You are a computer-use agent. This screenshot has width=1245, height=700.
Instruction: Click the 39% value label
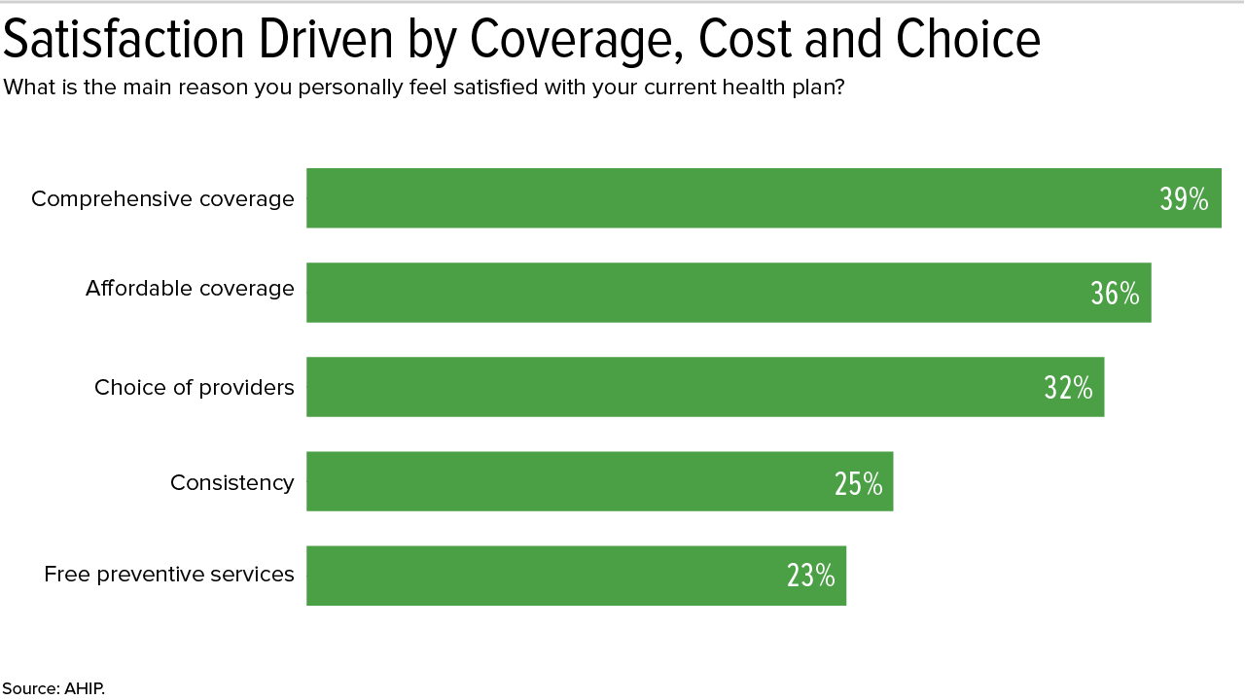click(1184, 199)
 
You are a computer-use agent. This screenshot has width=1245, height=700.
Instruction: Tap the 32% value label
click(1068, 388)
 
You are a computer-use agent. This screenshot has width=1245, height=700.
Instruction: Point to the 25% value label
click(858, 483)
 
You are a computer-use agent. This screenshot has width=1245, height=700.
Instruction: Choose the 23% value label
click(811, 577)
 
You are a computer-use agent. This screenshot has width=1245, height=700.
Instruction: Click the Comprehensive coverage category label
click(162, 198)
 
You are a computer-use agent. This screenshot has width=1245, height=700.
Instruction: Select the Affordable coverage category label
click(190, 289)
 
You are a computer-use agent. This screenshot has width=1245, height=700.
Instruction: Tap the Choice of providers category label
click(195, 388)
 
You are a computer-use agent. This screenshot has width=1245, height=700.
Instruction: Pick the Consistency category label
click(231, 482)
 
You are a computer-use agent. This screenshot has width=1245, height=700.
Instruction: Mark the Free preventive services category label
click(169, 575)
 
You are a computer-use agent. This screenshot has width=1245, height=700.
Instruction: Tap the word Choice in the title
click(968, 40)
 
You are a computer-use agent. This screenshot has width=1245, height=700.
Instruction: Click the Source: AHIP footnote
click(53, 688)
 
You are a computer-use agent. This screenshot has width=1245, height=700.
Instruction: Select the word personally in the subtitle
click(342, 87)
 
